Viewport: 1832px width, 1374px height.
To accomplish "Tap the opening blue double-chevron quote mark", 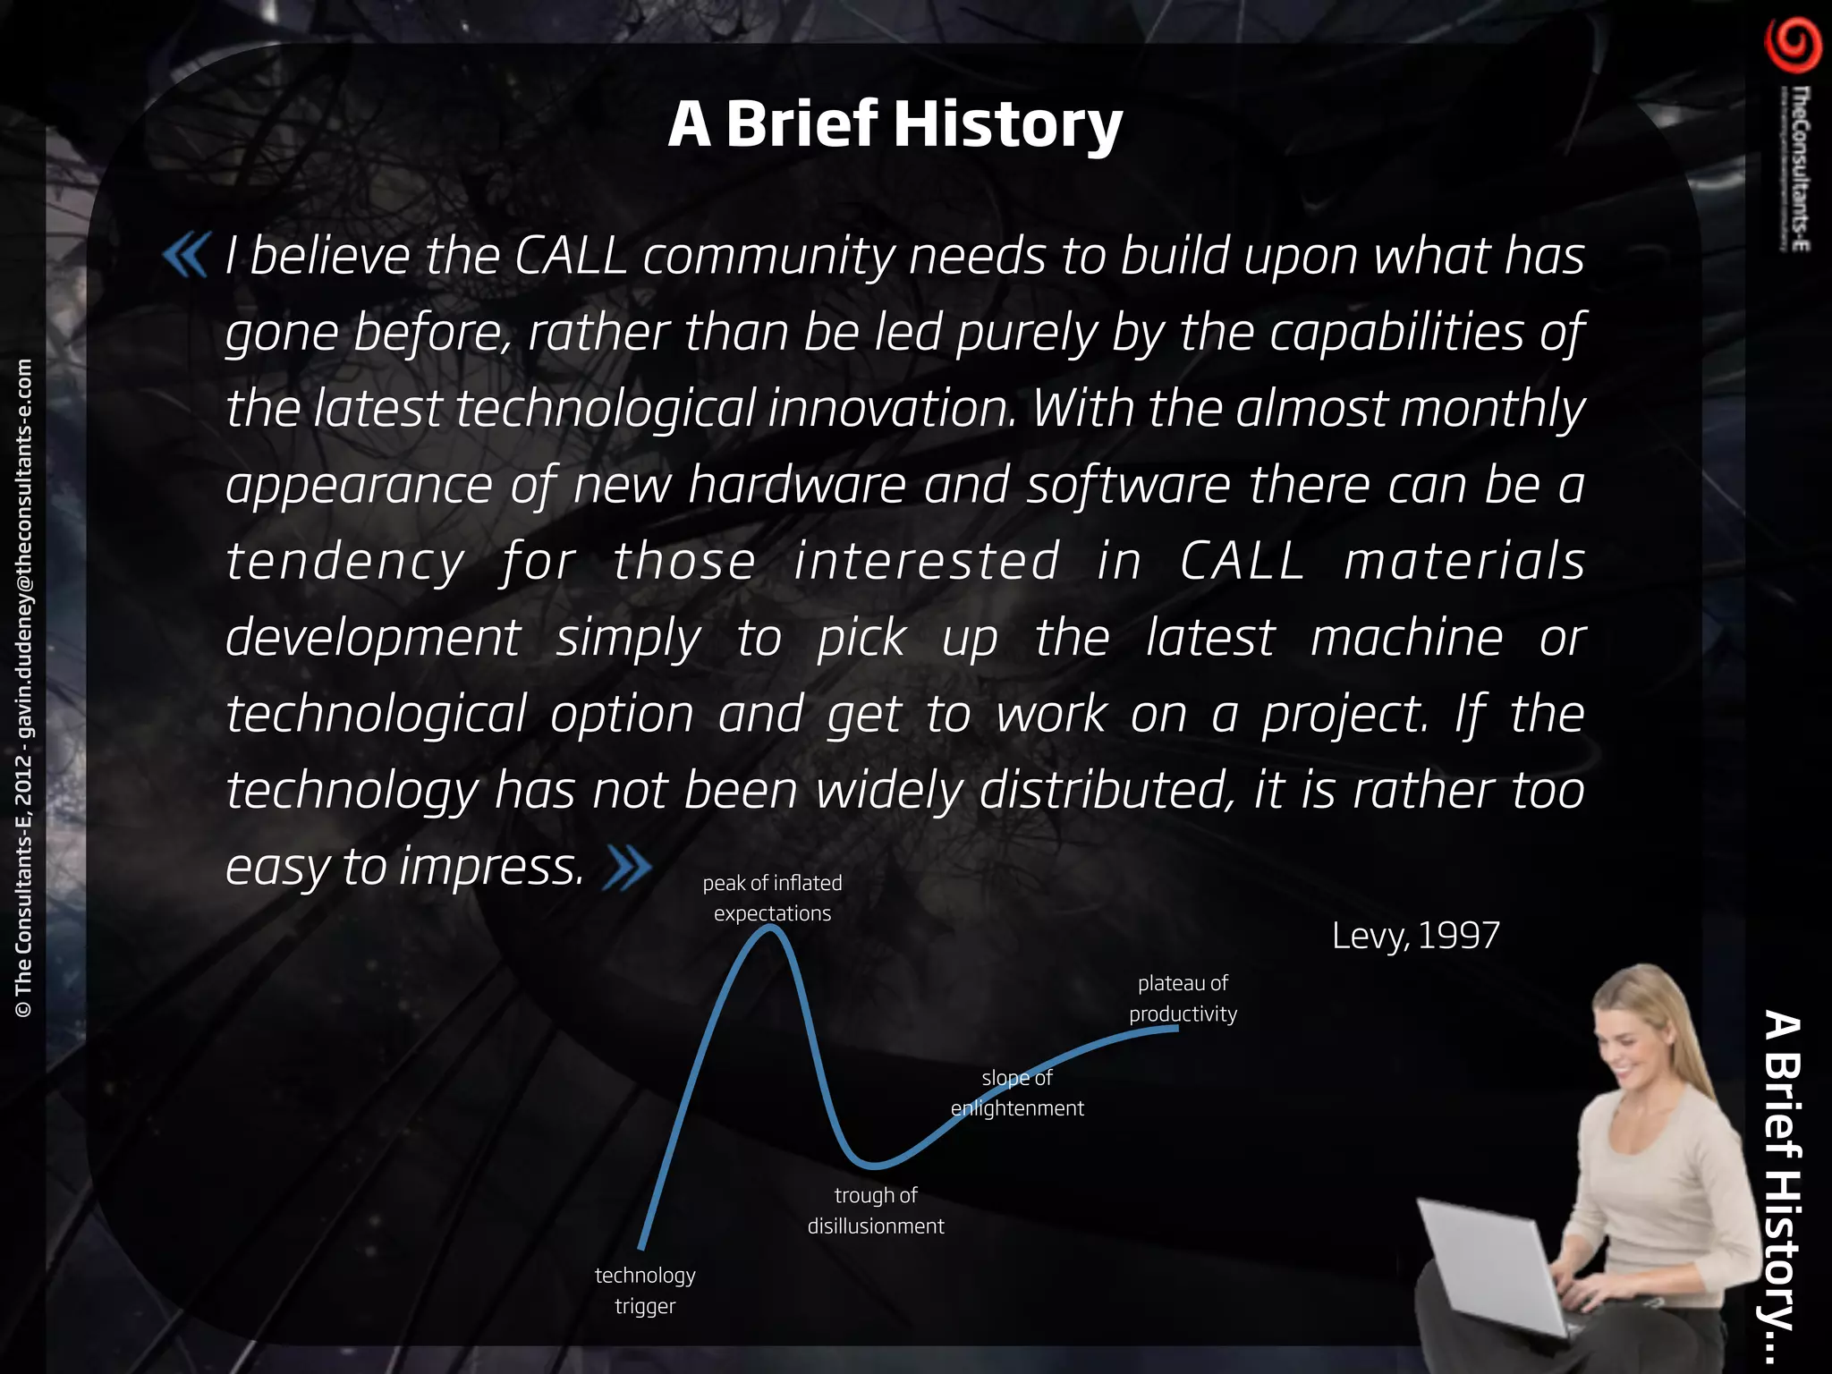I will tap(186, 255).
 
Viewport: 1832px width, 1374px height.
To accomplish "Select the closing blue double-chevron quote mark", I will tap(627, 868).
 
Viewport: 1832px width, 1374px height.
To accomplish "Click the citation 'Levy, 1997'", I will tap(1415, 936).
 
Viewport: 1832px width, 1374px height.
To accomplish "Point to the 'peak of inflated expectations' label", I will tap(772, 898).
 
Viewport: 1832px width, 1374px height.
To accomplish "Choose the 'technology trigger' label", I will tap(645, 1290).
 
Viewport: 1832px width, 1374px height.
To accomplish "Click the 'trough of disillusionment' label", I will tap(876, 1210).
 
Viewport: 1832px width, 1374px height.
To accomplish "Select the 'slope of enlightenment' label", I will tap(1017, 1093).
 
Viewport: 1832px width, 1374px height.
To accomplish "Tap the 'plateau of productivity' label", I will tap(1183, 998).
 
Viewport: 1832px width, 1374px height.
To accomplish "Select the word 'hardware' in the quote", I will tap(797, 485).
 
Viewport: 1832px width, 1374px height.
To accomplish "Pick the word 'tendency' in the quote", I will tap(345, 562).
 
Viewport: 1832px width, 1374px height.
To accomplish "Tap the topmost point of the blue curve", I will tap(771, 928).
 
